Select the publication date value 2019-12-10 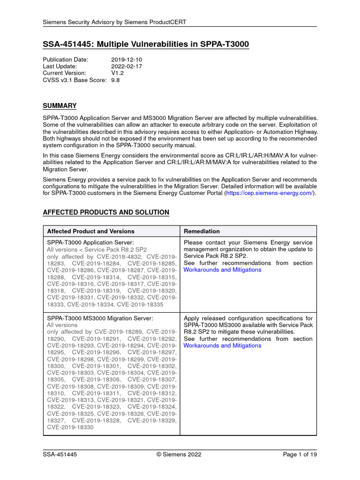(127, 60)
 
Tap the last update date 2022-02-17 (127, 67)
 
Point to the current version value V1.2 (117, 73)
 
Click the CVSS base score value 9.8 (116, 80)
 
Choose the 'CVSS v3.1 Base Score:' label (75, 80)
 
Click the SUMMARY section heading (60, 106)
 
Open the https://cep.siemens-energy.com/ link (270, 193)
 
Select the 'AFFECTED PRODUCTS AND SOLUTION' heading (106, 212)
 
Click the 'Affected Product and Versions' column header (91, 231)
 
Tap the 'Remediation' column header (202, 231)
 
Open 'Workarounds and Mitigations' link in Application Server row (222, 270)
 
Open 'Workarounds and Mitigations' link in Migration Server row (222, 345)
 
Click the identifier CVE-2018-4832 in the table (124, 257)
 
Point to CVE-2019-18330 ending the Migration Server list (70, 427)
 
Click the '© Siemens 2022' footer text (180, 454)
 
